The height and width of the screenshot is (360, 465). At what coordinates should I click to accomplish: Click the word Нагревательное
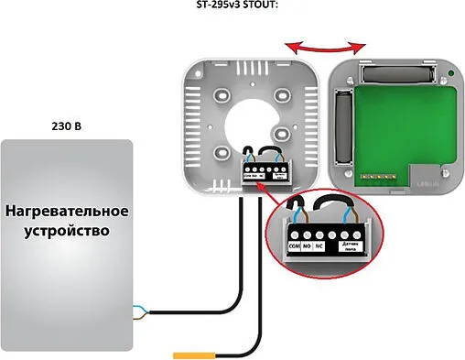[68, 212]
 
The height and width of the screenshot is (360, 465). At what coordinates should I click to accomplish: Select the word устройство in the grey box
[68, 231]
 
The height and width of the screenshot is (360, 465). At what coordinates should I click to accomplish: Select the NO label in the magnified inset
[308, 246]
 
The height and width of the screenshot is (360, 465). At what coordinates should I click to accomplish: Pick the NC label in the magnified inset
[321, 246]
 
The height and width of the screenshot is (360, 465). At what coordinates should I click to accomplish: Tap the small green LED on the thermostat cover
[450, 72]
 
